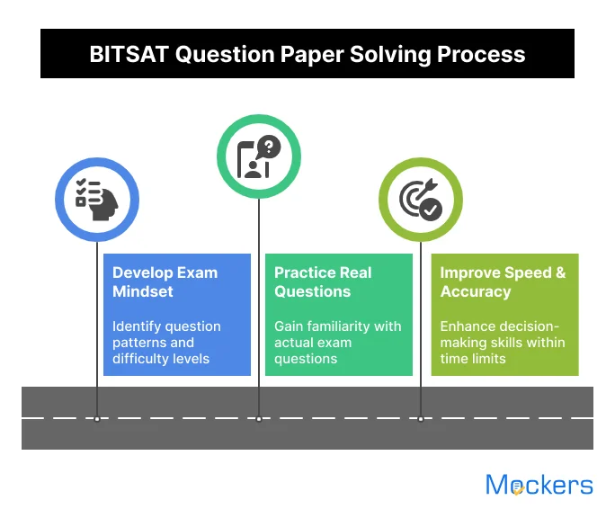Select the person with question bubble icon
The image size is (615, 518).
259,156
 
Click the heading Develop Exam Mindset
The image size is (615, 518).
165,281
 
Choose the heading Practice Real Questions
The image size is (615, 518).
323,281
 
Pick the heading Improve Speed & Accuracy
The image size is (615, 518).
503,281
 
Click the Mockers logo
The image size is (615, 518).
539,486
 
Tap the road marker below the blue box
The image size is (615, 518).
97,418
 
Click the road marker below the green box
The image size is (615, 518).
259,418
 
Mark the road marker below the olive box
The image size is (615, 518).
420,418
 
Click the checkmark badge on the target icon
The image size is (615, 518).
432,210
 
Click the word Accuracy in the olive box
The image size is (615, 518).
476,291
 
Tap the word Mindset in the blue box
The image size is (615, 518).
142,291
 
